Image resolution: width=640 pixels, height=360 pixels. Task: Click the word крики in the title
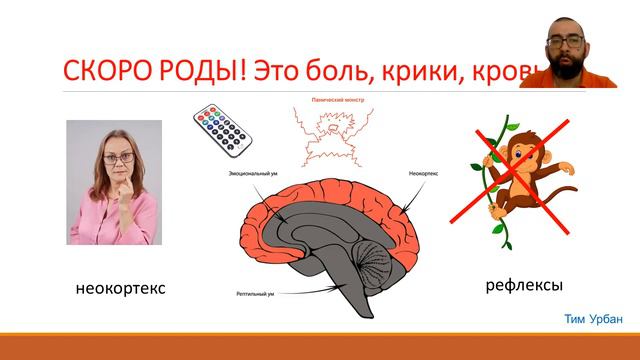tap(432, 71)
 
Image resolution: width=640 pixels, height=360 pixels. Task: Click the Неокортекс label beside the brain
tap(424, 171)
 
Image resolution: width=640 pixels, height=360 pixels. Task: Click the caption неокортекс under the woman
tap(120, 289)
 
